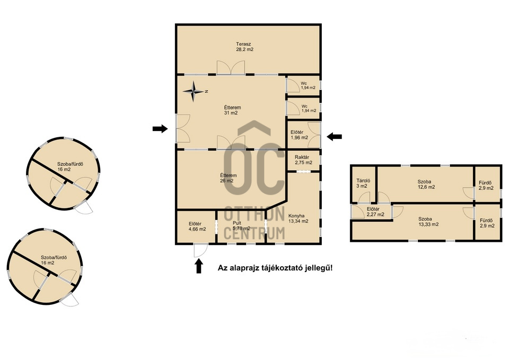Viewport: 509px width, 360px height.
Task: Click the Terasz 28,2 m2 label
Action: [244, 47]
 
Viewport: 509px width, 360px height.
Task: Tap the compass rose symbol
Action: [194, 91]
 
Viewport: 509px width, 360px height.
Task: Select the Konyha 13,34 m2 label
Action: [298, 218]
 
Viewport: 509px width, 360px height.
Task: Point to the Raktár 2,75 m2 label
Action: [303, 160]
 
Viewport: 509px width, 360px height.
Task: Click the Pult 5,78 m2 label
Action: [241, 226]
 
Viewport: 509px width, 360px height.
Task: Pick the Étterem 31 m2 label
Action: [232, 110]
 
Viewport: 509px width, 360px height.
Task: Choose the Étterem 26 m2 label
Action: [228, 178]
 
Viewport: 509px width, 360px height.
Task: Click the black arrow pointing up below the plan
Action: [199, 266]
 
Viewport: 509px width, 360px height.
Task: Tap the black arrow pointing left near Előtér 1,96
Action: [334, 137]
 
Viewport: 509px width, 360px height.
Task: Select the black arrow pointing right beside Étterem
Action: [160, 129]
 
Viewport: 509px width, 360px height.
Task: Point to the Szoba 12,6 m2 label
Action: [426, 185]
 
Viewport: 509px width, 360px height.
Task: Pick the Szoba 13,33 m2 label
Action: [428, 222]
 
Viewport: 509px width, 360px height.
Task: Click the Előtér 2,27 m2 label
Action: [375, 212]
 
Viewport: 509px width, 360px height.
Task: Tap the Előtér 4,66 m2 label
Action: [197, 226]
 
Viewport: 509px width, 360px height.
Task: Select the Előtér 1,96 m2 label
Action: [299, 135]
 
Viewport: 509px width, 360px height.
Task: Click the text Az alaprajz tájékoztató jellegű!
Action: [275, 268]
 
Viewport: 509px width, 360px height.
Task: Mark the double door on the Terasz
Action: [231, 67]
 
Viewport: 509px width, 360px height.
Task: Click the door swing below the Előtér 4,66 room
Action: [200, 251]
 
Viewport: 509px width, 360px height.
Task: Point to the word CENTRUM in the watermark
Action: [254, 232]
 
